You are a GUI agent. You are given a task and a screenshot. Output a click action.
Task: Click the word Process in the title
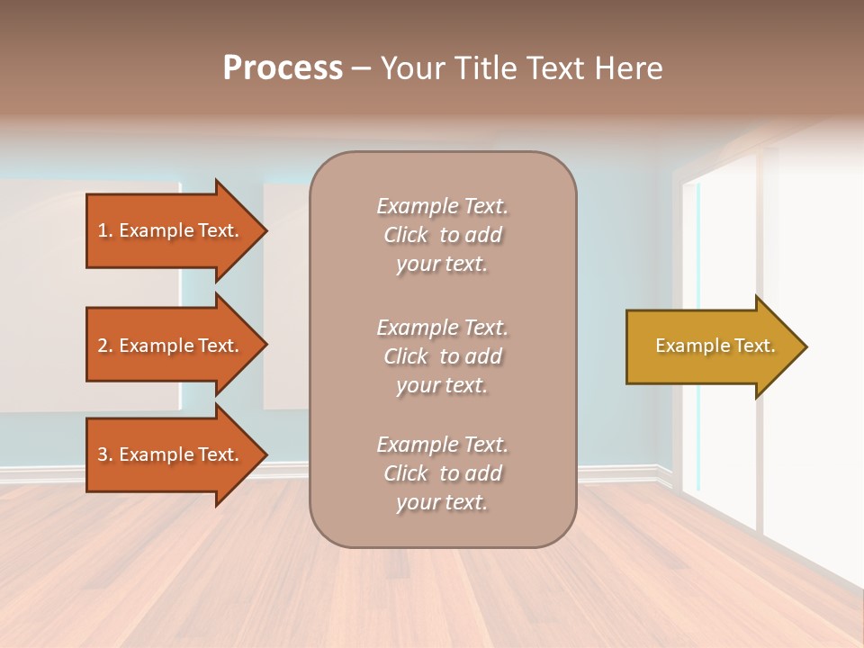283,68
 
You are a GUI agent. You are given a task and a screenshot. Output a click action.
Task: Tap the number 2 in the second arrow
103,346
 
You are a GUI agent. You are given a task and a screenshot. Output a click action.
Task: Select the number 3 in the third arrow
103,454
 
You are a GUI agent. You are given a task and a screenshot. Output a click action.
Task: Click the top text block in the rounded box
442,235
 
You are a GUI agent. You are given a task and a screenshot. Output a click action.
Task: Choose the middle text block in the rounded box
442,356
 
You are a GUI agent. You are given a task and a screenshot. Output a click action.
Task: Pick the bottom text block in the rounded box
442,473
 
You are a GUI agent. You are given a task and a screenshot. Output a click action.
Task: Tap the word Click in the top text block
406,235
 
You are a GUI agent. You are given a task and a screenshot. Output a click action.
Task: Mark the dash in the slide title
362,69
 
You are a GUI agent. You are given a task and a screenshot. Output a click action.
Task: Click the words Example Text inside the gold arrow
715,346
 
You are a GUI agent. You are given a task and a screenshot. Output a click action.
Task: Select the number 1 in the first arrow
102,230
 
